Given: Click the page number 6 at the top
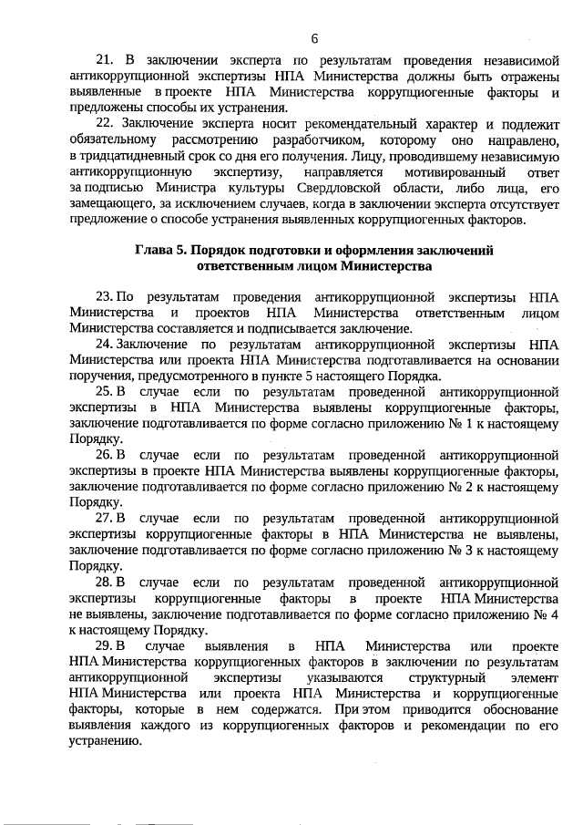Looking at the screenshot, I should [314, 38].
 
